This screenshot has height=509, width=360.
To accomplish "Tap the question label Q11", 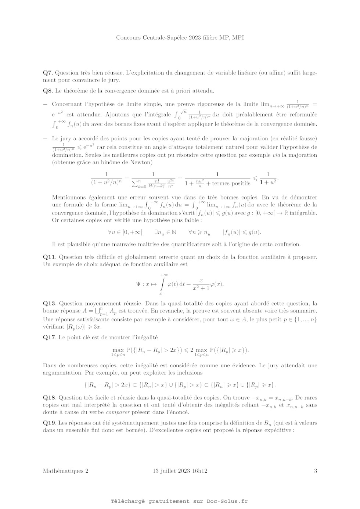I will pyautogui.click(x=49, y=257).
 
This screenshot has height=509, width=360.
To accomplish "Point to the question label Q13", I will pyautogui.click(x=49, y=303).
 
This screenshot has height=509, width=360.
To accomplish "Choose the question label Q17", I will pyautogui.click(x=49, y=337).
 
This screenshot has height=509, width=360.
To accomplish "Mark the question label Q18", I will pyautogui.click(x=49, y=397).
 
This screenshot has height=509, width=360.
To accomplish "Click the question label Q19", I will pyautogui.click(x=49, y=423).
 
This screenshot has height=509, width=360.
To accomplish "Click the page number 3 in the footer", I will pyautogui.click(x=316, y=471).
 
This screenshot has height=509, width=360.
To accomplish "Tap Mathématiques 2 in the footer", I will pyautogui.click(x=65, y=471).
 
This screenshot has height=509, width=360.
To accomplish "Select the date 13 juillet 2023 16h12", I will pyautogui.click(x=180, y=471).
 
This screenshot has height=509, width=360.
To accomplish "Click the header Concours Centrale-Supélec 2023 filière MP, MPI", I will pyautogui.click(x=180, y=37).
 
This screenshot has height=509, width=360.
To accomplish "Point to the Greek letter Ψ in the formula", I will pyautogui.click(x=139, y=284).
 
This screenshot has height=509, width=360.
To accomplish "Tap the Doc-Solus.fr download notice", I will pyautogui.click(x=179, y=501).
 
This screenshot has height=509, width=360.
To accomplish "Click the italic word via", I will pyautogui.click(x=275, y=155).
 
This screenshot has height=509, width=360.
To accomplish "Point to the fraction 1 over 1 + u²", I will pyautogui.click(x=268, y=178).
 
